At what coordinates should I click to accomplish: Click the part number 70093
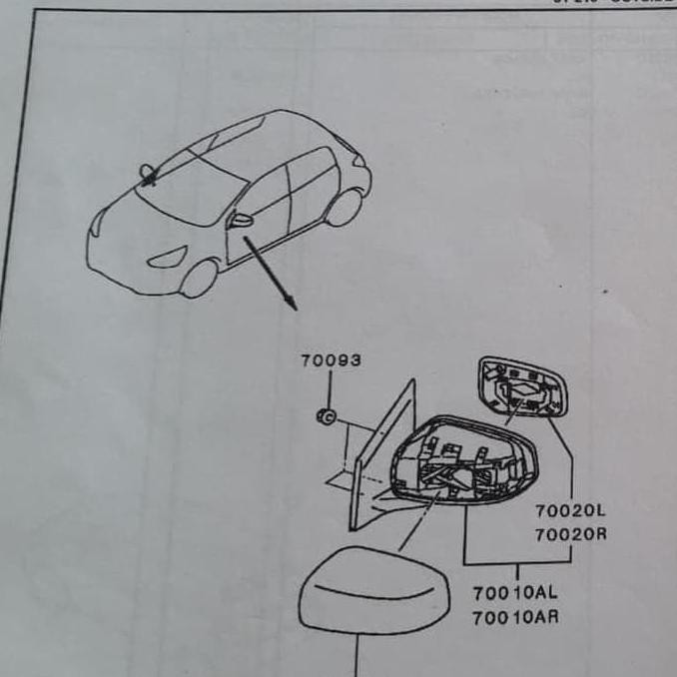331,361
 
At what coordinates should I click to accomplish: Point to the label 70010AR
515,617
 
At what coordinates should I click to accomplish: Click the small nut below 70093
325,415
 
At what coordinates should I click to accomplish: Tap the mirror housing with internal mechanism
464,460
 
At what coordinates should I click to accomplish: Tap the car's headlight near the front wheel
166,258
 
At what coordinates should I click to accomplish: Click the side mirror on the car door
242,220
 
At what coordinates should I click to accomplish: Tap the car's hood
135,225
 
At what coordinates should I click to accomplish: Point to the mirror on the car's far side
148,174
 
